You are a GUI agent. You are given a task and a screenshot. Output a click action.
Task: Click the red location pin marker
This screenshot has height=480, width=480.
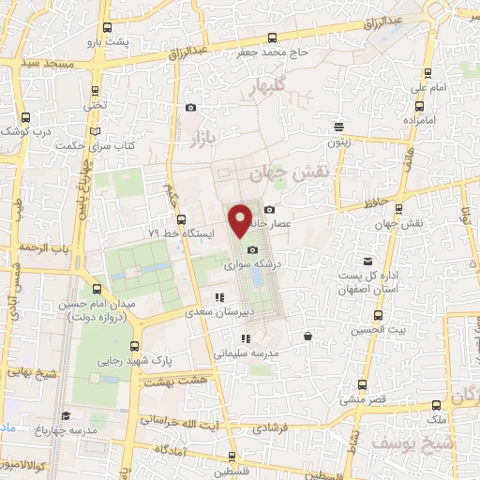(x=241, y=220)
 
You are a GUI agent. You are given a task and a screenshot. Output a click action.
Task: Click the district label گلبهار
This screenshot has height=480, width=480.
(x=272, y=88)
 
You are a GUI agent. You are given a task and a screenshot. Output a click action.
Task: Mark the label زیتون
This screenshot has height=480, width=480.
(x=339, y=141)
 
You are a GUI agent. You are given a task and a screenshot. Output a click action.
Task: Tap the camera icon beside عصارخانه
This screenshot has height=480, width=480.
(x=269, y=208)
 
